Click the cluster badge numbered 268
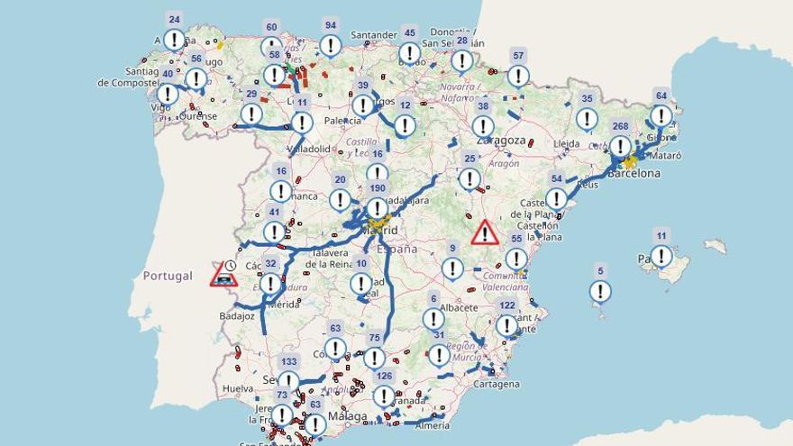point(620,126)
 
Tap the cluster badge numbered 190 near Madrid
point(378,188)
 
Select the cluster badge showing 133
point(288,361)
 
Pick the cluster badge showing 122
point(507,306)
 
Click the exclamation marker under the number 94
point(331,46)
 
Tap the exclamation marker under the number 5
point(600,291)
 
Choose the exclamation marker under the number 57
point(518,76)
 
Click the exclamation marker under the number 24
point(174,40)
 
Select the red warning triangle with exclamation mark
point(485,233)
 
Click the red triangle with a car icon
point(223,275)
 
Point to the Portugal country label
point(168,276)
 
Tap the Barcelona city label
point(633,173)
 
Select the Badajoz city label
point(237,316)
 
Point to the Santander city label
point(374,35)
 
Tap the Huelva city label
point(238,389)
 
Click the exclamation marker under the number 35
point(587,119)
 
